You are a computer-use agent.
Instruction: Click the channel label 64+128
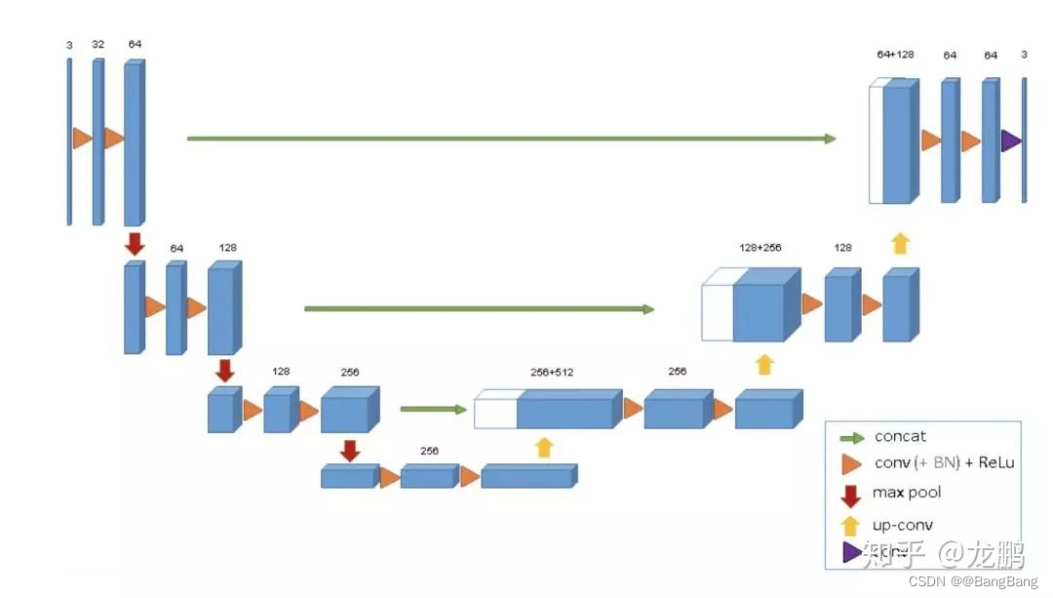895,55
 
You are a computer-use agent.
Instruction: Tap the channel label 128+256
760,247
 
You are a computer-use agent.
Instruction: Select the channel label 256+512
551,372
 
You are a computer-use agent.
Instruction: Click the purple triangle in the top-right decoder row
1010,140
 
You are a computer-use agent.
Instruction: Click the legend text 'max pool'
907,493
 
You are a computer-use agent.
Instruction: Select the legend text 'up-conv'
903,525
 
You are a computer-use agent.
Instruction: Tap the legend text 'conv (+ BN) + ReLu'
944,462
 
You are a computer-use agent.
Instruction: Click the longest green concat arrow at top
511,139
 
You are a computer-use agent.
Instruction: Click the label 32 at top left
97,44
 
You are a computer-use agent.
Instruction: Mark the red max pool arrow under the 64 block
135,243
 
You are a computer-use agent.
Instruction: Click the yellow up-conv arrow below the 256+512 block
544,447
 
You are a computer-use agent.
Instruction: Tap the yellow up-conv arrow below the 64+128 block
900,243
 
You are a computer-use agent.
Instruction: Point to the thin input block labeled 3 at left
69,141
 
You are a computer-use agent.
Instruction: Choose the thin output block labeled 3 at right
1024,140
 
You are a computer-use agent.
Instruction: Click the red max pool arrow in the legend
850,495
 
